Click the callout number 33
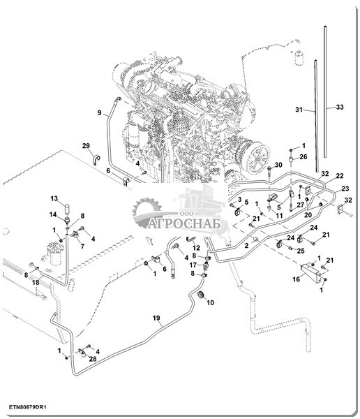[340, 107]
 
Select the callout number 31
[299, 110]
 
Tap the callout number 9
[99, 112]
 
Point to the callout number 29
[86, 146]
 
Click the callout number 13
[54, 198]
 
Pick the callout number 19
[156, 318]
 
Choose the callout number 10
[211, 302]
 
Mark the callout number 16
[297, 279]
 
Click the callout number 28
[93, 359]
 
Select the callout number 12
[196, 248]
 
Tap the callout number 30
[278, 165]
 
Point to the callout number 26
[303, 156]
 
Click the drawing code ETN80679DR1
[28, 408]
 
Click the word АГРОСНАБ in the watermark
[185, 224]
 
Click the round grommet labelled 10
[200, 295]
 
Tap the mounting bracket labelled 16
[310, 271]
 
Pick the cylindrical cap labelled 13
[67, 208]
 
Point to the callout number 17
[193, 265]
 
